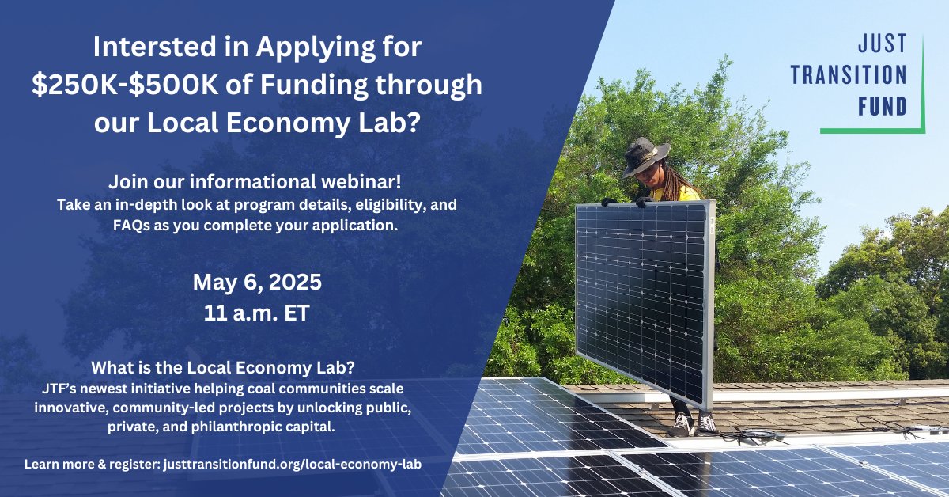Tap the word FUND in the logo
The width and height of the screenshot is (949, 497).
pyautogui.click(x=882, y=105)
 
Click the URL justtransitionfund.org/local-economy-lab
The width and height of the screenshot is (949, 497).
pyautogui.click(x=293, y=465)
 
